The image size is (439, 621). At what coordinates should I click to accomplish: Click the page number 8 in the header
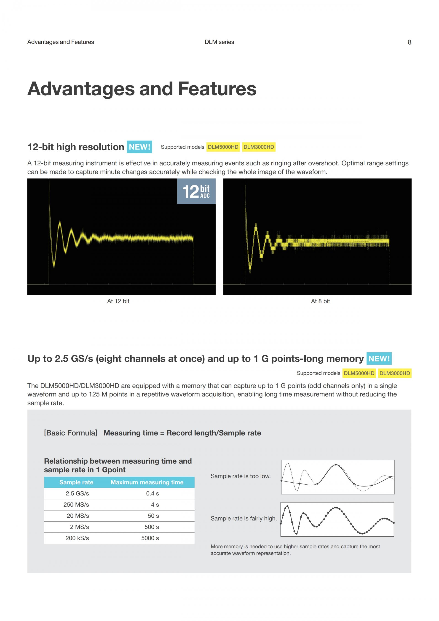click(409, 42)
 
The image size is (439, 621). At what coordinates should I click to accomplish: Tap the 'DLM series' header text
click(219, 42)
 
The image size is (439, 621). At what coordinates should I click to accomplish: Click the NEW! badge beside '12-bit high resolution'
click(139, 147)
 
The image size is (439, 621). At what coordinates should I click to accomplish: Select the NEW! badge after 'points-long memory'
click(379, 359)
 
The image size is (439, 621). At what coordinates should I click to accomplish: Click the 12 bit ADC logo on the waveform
click(196, 191)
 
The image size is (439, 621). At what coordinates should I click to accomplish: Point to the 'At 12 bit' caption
click(118, 301)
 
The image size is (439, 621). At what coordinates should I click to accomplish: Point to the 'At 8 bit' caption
click(320, 301)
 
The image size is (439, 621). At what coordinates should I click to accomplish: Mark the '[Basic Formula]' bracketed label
click(71, 433)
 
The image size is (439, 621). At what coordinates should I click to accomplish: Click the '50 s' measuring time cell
click(153, 516)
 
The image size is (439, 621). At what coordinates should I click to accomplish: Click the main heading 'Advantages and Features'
click(142, 89)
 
